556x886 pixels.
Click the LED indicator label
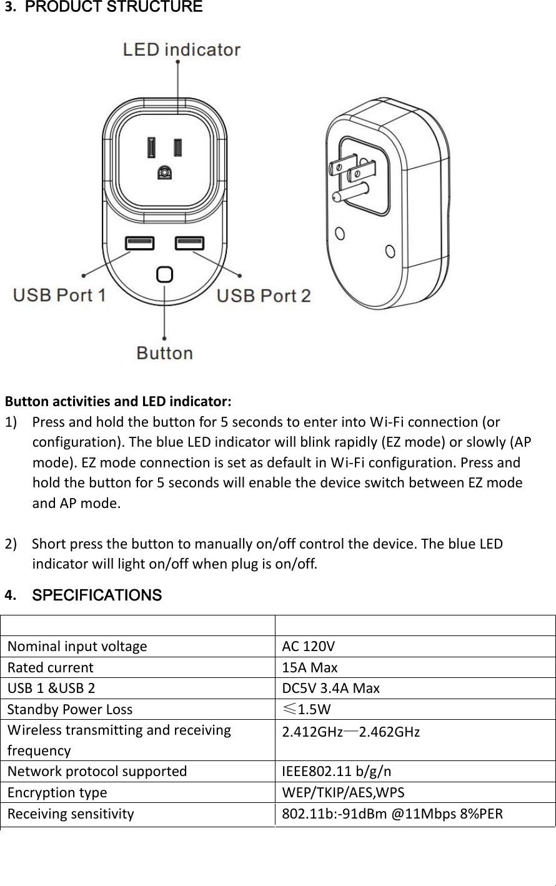(182, 49)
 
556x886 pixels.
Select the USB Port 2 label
(263, 295)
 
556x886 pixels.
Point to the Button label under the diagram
(164, 353)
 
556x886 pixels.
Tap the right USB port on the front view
(189, 242)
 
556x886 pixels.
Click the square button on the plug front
(164, 275)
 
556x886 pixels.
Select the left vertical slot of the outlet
(151, 147)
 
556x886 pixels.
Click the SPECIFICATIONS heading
(97, 595)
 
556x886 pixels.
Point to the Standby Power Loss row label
(70, 709)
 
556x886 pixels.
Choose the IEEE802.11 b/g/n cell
(337, 771)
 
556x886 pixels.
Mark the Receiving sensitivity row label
(71, 814)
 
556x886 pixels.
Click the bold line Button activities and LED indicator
(119, 400)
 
